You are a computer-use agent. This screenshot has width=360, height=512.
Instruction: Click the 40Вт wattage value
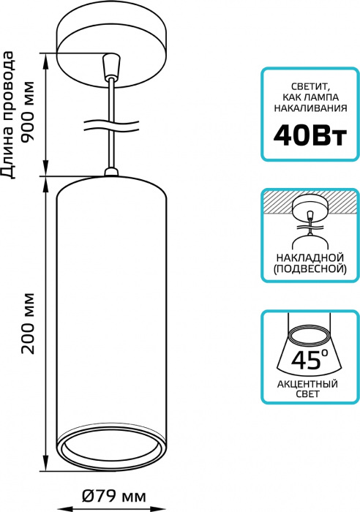click(x=310, y=137)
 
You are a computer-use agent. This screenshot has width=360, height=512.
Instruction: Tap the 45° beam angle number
click(x=309, y=360)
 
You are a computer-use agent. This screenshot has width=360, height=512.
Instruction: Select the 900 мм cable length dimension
click(x=27, y=112)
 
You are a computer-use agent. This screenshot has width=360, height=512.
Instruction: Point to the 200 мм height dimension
click(x=28, y=323)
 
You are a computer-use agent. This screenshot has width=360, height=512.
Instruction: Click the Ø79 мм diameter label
click(x=113, y=497)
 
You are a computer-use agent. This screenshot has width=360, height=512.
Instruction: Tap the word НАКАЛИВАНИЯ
click(x=310, y=108)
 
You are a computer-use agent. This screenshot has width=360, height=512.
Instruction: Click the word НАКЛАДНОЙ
click(x=310, y=257)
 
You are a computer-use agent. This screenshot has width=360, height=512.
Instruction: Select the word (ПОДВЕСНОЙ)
click(x=310, y=268)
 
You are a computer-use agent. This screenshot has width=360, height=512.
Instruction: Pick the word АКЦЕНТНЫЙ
click(x=307, y=384)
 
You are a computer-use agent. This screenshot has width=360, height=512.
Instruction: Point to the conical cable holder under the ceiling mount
click(x=111, y=67)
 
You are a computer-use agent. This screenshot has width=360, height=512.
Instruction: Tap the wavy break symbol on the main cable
click(x=112, y=126)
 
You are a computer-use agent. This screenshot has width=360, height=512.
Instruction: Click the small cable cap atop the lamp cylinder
click(x=111, y=172)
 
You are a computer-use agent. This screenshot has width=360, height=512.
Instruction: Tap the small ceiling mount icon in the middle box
click(x=309, y=209)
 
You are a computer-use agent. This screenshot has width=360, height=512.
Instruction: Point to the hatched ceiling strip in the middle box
click(x=310, y=202)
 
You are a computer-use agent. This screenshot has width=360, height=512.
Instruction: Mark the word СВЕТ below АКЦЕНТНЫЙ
click(x=307, y=394)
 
